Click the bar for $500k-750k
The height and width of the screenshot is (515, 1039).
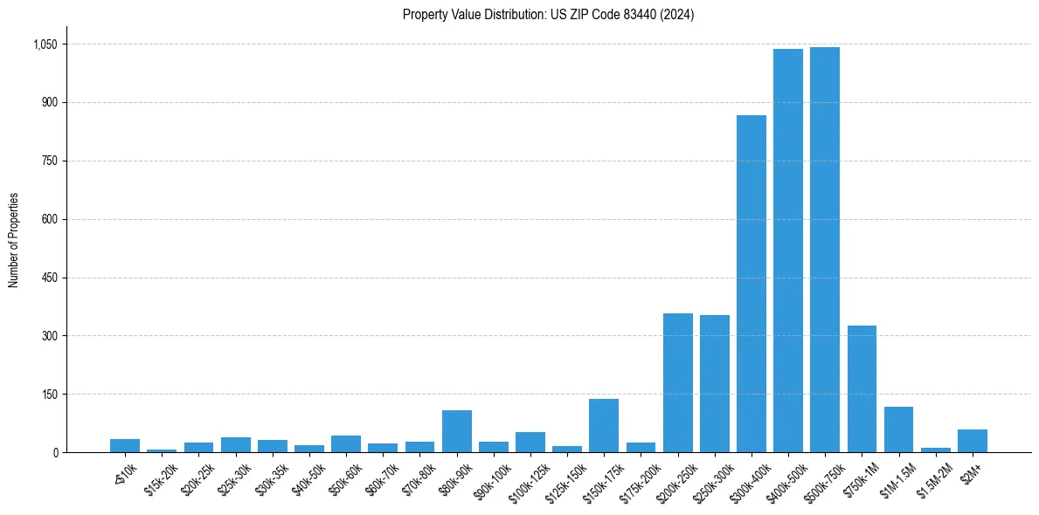pyautogui.click(x=824, y=250)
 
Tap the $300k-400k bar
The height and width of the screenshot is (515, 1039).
pyautogui.click(x=751, y=284)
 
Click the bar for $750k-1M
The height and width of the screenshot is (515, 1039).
pyautogui.click(x=862, y=388)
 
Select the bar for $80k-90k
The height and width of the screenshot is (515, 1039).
pyautogui.click(x=456, y=431)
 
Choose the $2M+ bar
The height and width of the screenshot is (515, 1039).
pyautogui.click(x=972, y=441)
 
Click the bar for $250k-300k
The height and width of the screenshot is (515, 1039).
pyautogui.click(x=714, y=383)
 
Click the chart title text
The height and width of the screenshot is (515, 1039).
pyautogui.click(x=548, y=15)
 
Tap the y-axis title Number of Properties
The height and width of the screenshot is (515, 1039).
pyautogui.click(x=14, y=240)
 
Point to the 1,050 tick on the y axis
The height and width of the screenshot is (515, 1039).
pyautogui.click(x=45, y=45)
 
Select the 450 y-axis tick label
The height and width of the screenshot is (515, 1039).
pyautogui.click(x=49, y=278)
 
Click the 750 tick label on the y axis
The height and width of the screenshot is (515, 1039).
pyautogui.click(x=49, y=161)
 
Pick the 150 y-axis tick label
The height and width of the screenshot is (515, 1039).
pyautogui.click(x=49, y=395)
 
